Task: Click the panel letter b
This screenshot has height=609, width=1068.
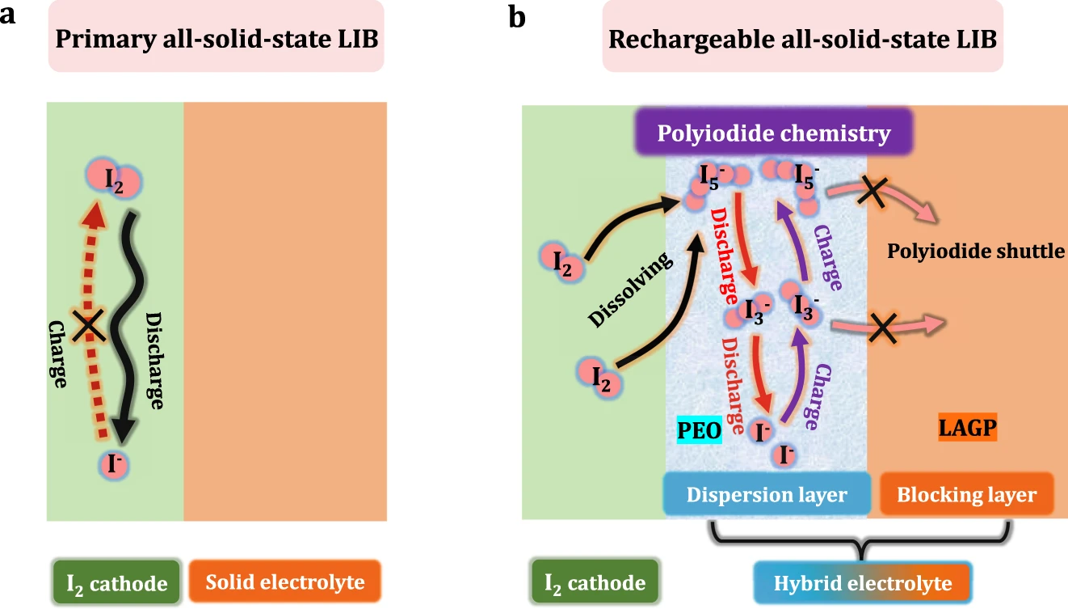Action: point(518,15)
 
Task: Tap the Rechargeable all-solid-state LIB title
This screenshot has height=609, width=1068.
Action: point(802,40)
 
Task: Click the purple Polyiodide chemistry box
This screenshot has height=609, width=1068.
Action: point(774,133)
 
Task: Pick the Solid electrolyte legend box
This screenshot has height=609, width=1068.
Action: point(284,582)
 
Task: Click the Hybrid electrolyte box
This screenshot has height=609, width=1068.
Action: point(862,583)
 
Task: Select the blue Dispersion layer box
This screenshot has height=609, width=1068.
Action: point(766,494)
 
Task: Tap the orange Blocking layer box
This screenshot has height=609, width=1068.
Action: point(966,494)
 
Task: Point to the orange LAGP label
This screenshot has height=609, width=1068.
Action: point(968,426)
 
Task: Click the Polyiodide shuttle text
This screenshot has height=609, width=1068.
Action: point(976,251)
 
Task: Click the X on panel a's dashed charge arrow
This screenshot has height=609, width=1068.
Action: point(87,326)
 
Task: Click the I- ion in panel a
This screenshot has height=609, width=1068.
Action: point(114,464)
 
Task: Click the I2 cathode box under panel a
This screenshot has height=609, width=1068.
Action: point(117,583)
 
